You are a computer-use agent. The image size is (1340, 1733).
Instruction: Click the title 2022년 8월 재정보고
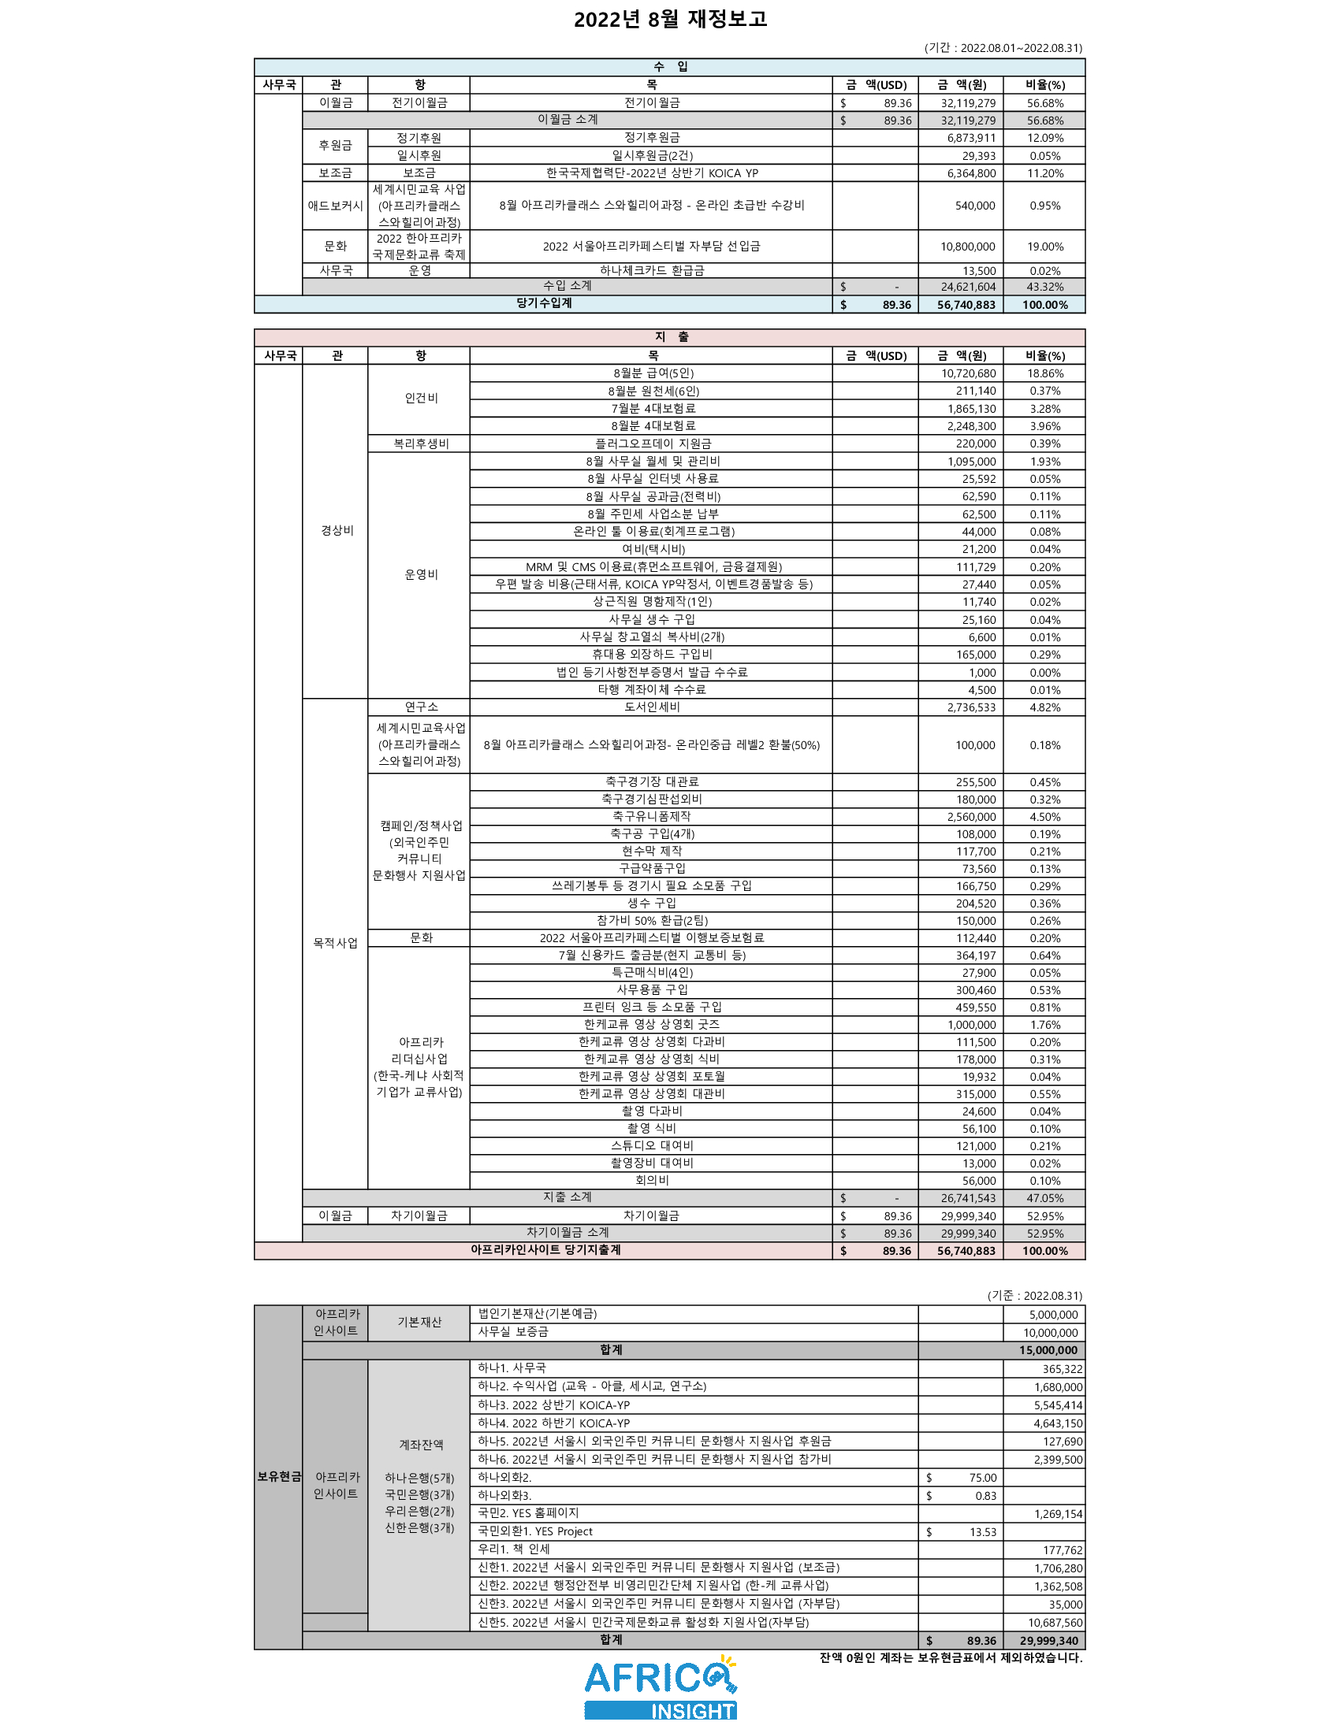click(x=670, y=19)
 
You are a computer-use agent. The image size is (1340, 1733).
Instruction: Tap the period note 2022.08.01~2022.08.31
click(x=1003, y=47)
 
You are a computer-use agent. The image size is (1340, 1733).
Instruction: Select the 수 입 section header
click(x=670, y=67)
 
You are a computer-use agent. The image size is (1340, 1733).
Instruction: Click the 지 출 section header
click(x=670, y=337)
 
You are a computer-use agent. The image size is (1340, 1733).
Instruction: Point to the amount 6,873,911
click(x=970, y=138)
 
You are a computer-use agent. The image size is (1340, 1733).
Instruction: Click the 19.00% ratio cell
click(x=1044, y=247)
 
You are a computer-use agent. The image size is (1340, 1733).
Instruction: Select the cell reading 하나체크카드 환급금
click(x=651, y=270)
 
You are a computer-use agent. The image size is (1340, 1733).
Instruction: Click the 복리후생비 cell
click(x=420, y=443)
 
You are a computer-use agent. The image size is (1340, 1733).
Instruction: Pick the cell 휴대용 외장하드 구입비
click(x=651, y=655)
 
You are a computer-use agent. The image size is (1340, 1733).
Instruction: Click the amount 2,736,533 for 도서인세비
click(x=970, y=708)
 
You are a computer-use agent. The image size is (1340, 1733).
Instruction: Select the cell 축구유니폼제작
click(x=651, y=817)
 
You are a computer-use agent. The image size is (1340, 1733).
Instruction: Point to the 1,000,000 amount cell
click(x=971, y=1025)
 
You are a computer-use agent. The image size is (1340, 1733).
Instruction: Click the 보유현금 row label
click(x=278, y=1477)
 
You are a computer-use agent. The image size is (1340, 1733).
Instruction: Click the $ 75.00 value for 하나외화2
click(x=982, y=1478)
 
